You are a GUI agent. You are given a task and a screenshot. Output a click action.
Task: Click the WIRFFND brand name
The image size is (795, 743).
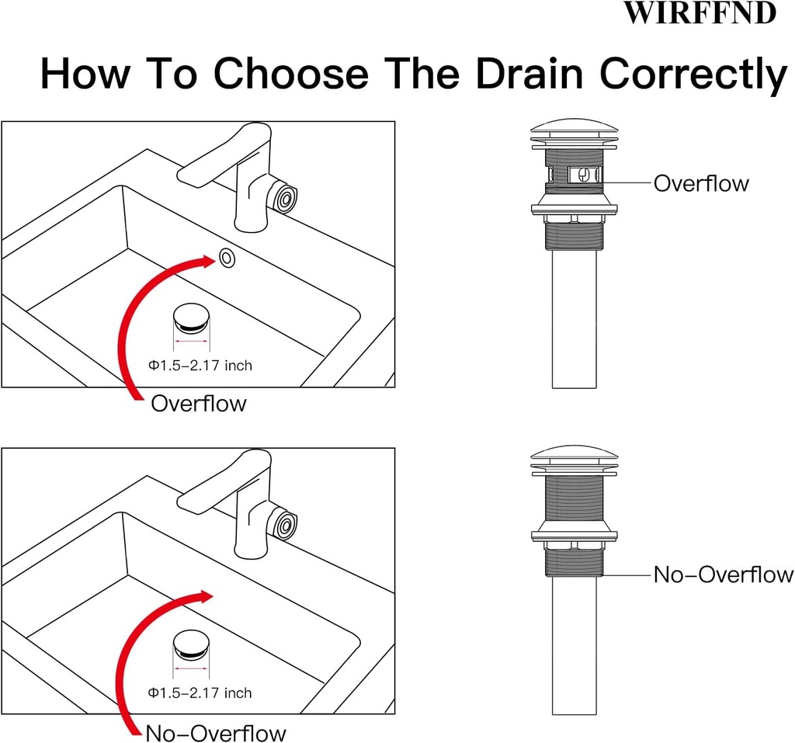coord(700,13)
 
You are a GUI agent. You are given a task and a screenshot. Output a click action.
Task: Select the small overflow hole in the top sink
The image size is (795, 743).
coord(227,258)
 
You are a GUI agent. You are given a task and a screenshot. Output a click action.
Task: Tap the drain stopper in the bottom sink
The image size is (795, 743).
coord(190,644)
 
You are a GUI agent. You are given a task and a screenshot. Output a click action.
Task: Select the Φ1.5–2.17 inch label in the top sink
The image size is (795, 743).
coord(200,365)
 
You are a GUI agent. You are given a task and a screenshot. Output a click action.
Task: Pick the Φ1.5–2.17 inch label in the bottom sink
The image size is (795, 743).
coord(200,692)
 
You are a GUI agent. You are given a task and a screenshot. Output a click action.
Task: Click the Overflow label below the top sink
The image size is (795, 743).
coord(198,404)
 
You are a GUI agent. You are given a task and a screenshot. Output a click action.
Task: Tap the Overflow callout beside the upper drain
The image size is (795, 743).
coord(701,183)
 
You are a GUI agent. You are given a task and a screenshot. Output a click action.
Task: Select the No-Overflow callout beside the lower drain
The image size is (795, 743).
coord(723,575)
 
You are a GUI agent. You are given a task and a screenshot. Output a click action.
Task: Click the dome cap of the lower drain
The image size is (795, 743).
coord(574,454)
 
